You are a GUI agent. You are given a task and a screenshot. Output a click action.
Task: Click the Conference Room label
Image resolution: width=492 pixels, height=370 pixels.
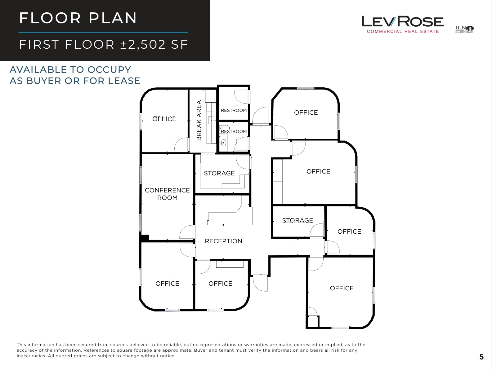[167, 194]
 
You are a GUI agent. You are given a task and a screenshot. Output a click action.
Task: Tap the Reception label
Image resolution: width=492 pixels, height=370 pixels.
[223, 241]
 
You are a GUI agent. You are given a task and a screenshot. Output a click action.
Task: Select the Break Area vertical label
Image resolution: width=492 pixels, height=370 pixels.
[199, 120]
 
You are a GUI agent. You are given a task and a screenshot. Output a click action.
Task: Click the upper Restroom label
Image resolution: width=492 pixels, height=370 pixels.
[234, 110]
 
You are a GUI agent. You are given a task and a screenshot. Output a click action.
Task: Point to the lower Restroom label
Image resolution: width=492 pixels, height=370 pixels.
[234, 131]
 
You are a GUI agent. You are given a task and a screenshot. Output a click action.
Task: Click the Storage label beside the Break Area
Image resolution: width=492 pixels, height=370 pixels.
[219, 173]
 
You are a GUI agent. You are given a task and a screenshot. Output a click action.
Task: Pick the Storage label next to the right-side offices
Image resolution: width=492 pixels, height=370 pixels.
[297, 220]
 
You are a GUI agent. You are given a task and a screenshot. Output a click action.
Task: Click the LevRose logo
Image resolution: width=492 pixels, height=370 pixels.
[402, 24]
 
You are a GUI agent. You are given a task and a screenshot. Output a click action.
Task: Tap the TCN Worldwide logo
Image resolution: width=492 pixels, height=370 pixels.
[464, 29]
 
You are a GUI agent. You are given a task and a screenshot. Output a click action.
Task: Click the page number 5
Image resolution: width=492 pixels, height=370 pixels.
[481, 357]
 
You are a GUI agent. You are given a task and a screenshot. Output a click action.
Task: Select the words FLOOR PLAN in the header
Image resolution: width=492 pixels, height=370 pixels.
[78, 18]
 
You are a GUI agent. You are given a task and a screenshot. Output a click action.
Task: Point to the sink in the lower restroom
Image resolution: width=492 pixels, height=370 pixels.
[223, 143]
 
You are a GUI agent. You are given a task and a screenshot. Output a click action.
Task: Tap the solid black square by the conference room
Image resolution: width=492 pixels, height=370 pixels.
[145, 238]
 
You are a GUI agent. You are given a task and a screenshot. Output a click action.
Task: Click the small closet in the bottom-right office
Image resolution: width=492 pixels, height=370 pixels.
[313, 322]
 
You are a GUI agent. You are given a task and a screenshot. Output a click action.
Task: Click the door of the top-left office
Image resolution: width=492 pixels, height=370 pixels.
[181, 145]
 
